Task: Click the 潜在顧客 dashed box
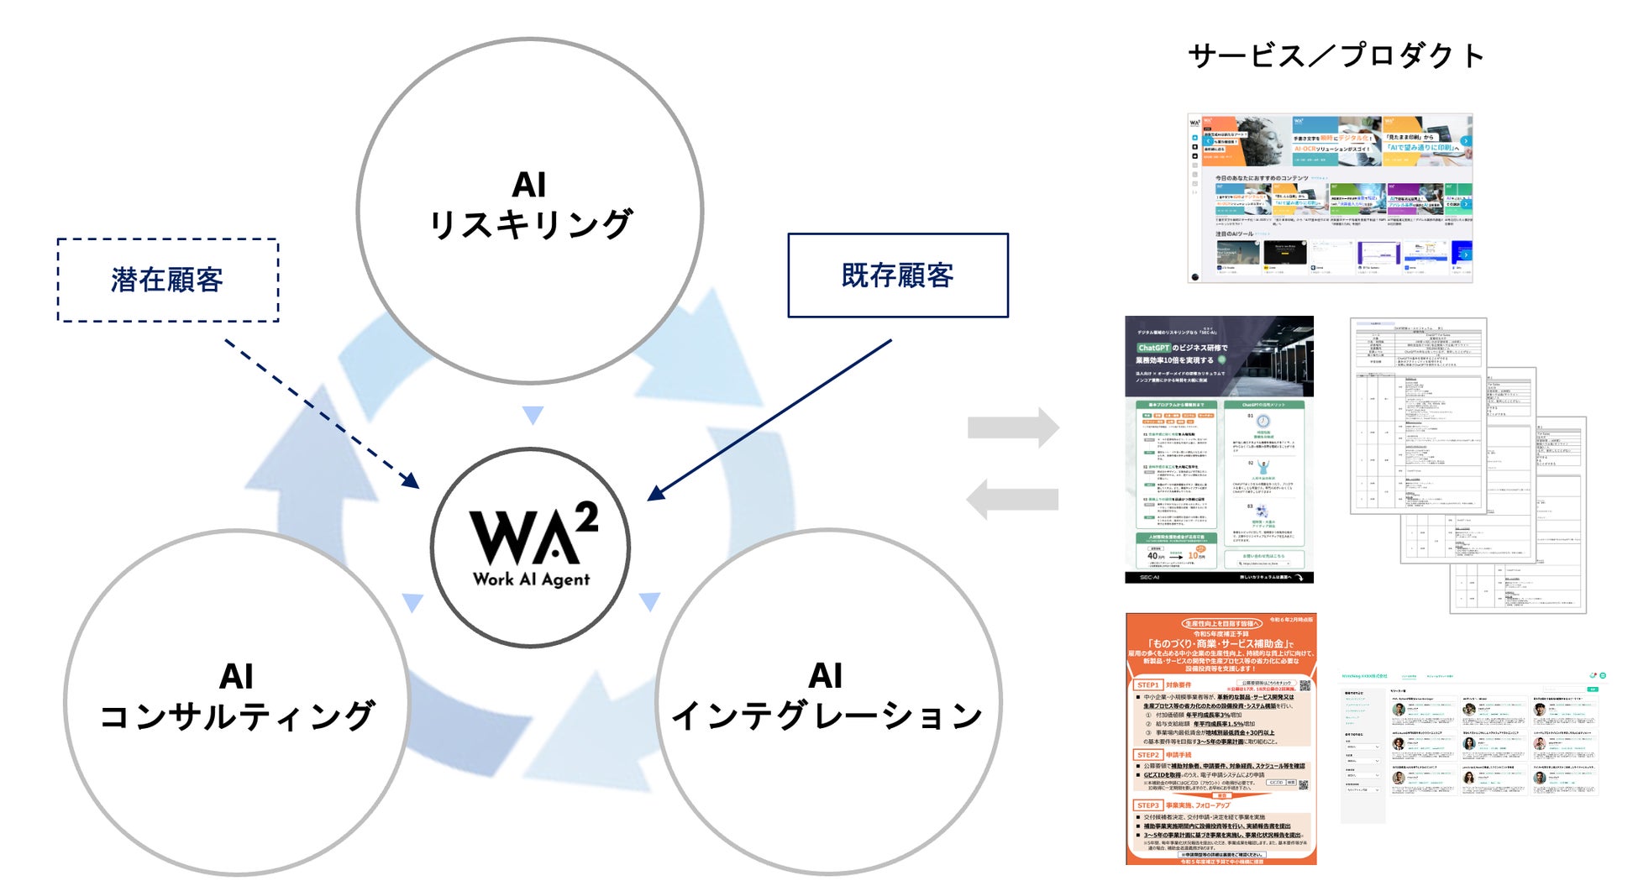167,280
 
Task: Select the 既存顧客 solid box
897,275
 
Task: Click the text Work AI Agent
531,579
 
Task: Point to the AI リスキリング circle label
529,206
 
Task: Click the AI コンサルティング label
236,697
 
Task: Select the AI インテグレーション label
827,697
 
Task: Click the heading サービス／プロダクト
1336,55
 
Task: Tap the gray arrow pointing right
1013,427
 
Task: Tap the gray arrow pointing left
1011,500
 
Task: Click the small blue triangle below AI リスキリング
533,415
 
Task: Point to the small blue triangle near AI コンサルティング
412,602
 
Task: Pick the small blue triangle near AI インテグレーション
649,601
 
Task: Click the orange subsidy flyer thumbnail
1221,738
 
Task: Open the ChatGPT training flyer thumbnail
1219,449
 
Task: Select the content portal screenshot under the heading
1330,198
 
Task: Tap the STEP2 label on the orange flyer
1148,755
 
